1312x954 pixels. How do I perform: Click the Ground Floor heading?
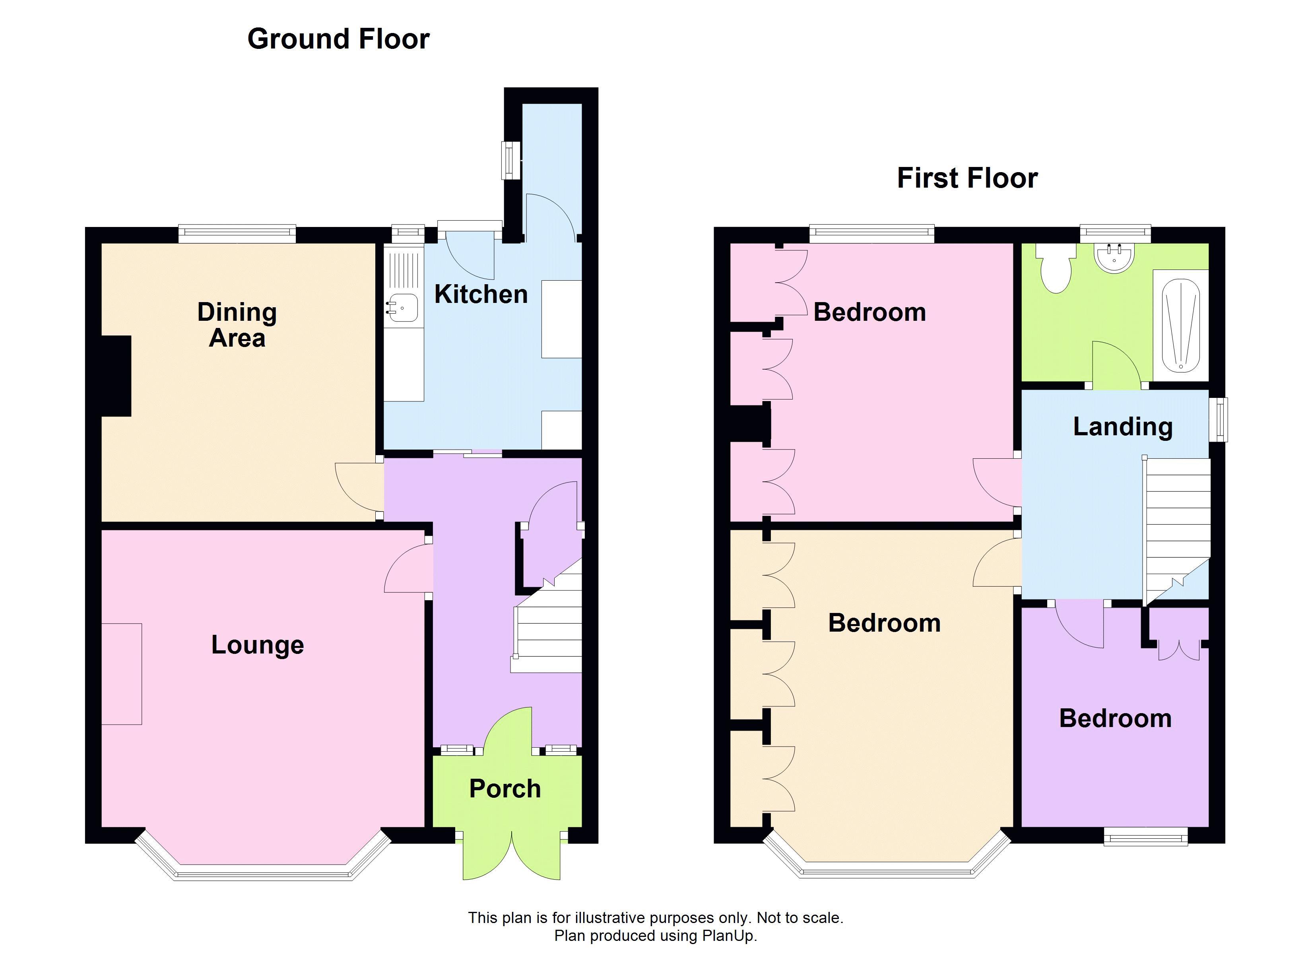click(338, 39)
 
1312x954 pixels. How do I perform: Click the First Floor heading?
click(967, 178)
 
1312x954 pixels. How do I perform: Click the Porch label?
click(505, 789)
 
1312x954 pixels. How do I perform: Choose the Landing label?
click(1123, 427)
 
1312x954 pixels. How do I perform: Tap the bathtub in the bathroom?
click(1181, 326)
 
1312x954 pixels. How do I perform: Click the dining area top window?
click(237, 234)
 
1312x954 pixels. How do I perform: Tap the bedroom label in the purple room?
click(1115, 719)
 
